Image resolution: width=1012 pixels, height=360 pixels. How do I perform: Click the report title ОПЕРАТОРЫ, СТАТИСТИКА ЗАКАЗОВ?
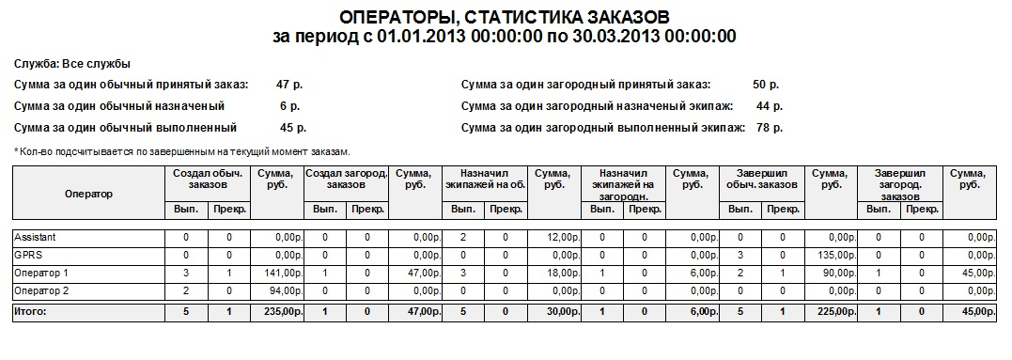(504, 17)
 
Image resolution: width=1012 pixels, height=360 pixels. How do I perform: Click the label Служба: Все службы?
(71, 64)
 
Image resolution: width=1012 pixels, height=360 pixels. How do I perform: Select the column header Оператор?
(88, 194)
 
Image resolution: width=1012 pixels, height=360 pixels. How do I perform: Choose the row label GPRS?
(28, 255)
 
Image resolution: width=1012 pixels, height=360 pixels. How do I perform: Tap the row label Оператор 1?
(42, 273)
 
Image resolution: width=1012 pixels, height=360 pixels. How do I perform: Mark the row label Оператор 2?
(42, 290)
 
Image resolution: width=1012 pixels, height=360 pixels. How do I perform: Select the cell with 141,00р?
(280, 273)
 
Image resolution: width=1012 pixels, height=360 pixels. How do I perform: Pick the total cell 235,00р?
(280, 309)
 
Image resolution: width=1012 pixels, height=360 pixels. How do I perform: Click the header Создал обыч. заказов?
(208, 179)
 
